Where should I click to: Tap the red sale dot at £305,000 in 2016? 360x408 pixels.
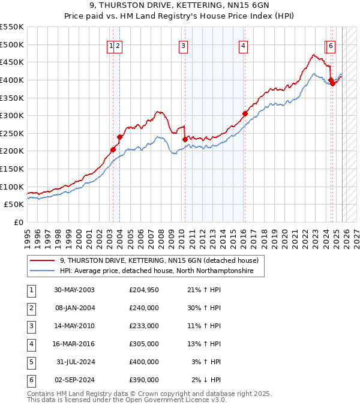click(245, 113)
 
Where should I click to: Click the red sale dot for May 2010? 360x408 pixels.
click(185, 139)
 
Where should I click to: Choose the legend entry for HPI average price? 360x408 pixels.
click(156, 271)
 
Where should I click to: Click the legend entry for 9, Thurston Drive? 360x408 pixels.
click(159, 260)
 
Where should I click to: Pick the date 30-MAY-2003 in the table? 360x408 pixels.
click(74, 290)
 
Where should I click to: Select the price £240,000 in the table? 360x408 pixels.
click(144, 308)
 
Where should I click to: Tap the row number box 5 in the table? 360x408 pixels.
click(31, 362)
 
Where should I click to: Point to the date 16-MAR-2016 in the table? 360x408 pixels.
click(74, 344)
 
